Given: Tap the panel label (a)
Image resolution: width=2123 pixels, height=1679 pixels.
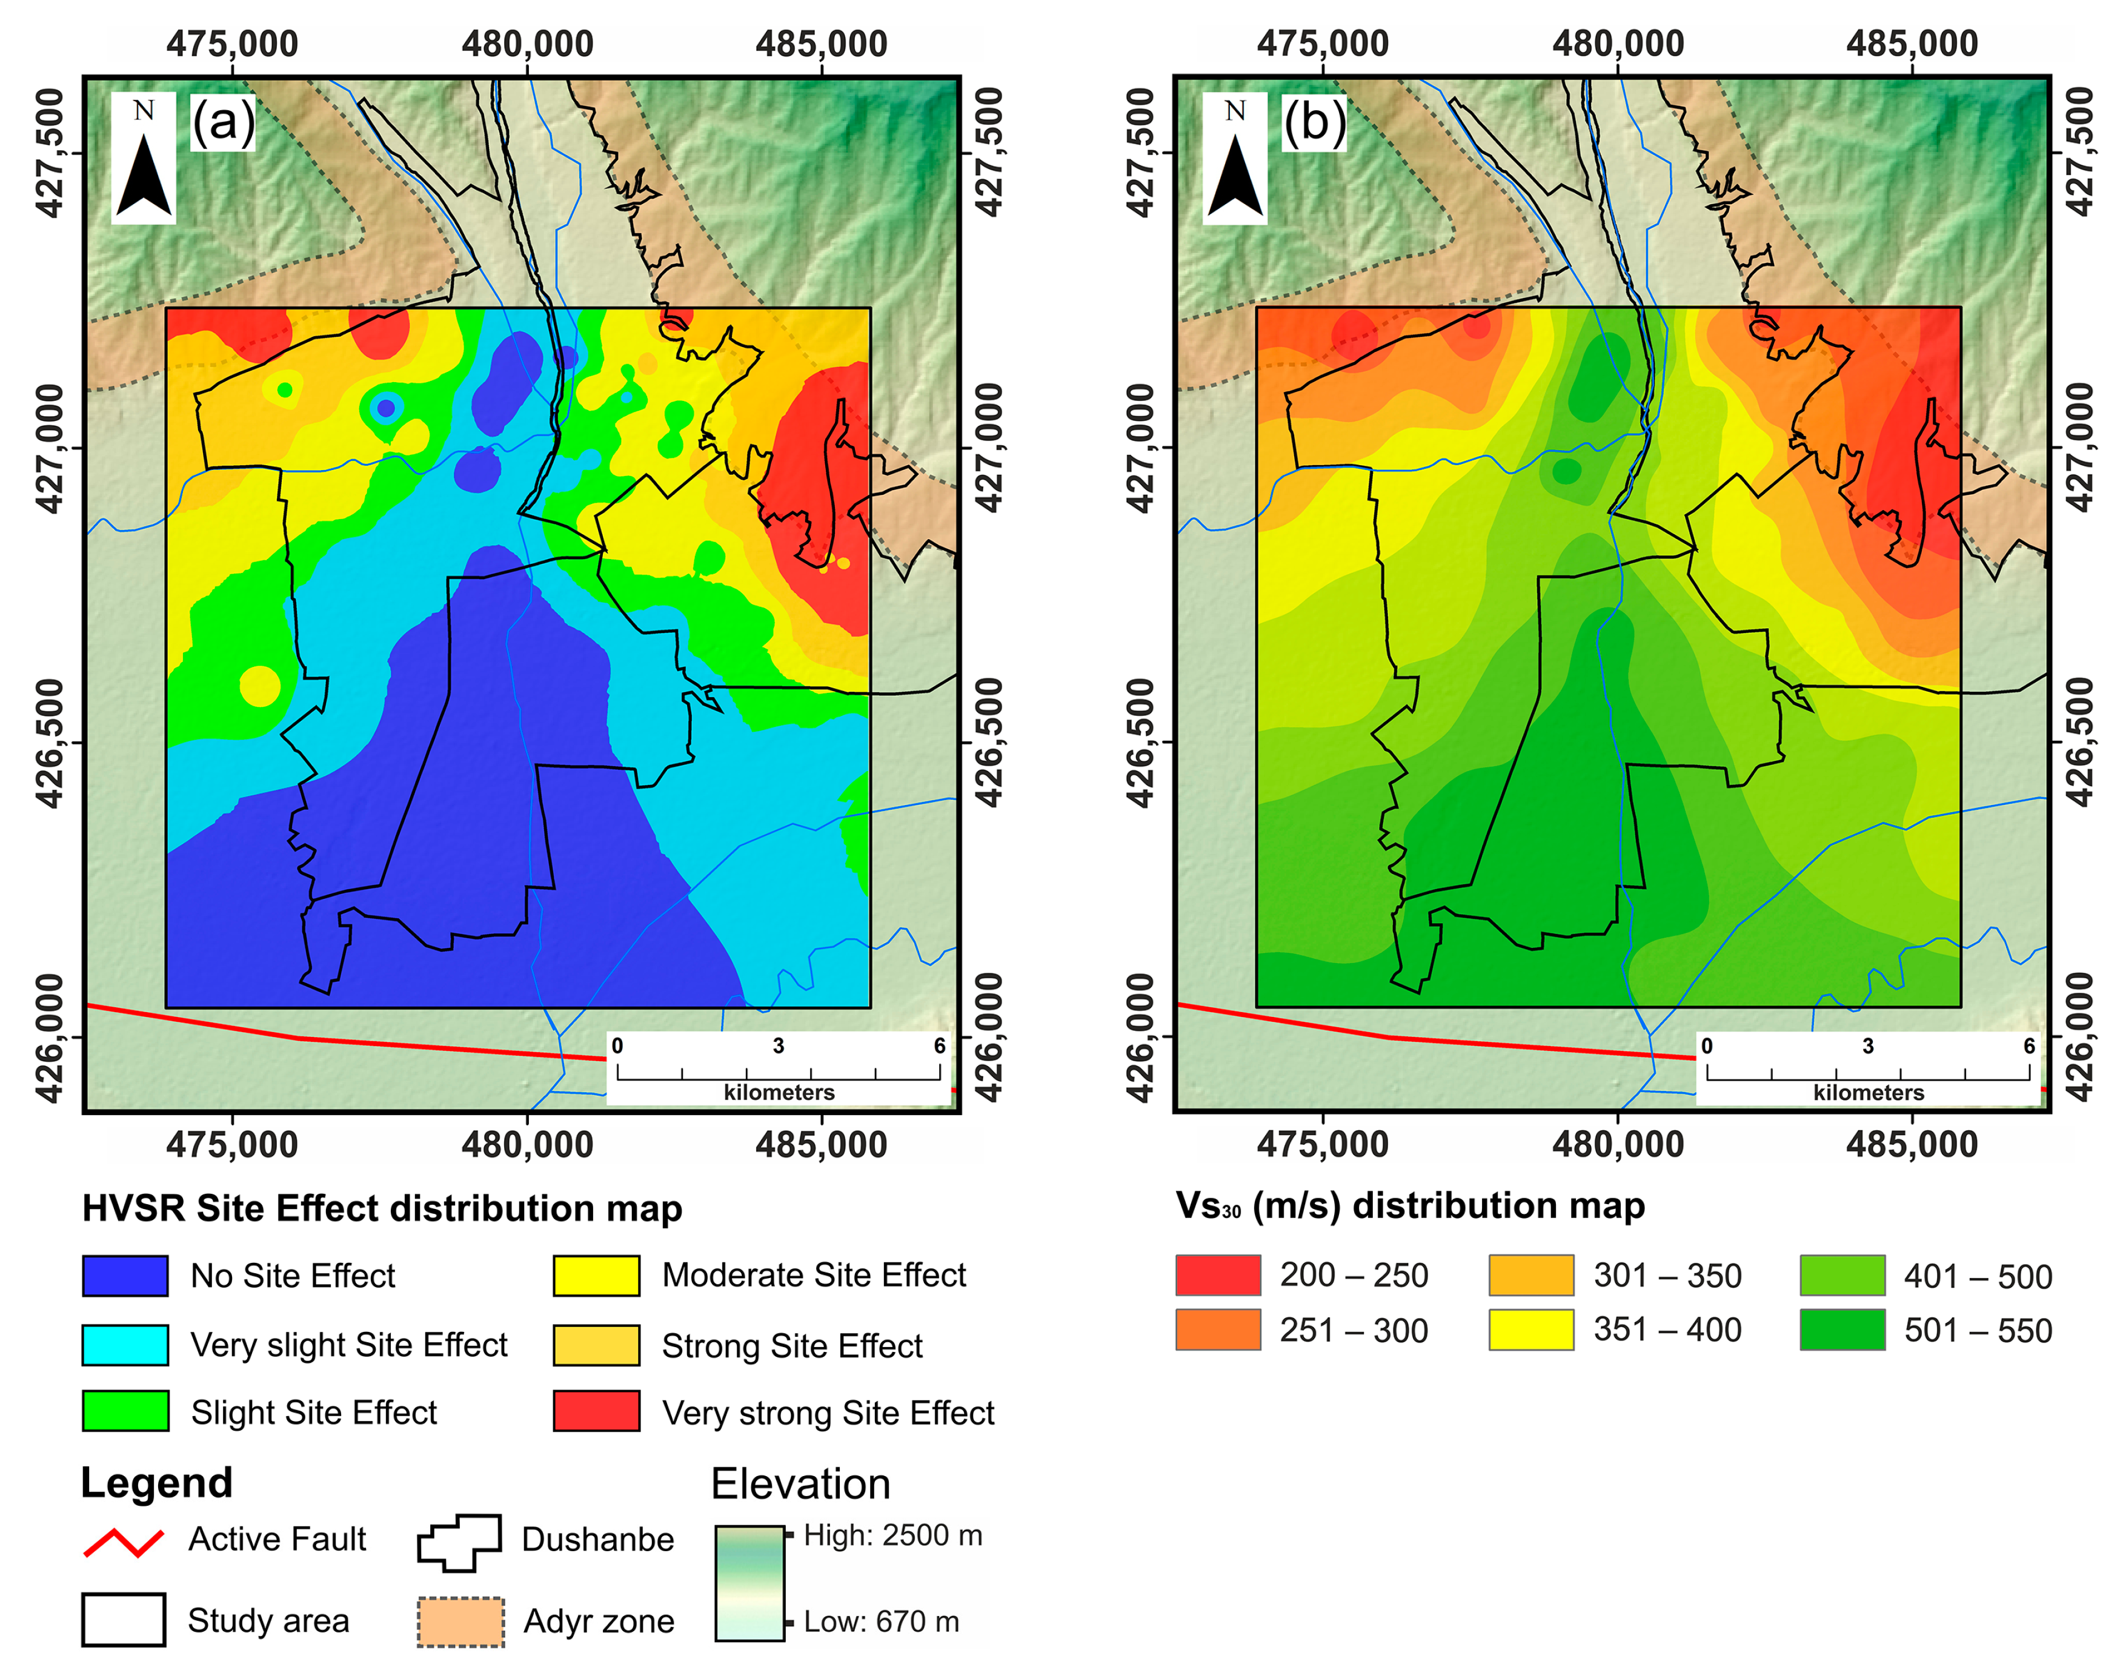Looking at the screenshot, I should pos(223,123).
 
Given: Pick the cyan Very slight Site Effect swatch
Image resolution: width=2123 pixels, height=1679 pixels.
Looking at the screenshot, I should pos(125,1345).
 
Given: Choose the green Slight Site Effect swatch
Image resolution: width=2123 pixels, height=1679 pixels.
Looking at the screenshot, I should pos(125,1411).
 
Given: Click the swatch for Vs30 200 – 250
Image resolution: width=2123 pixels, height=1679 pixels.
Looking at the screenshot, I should pos(1217,1275).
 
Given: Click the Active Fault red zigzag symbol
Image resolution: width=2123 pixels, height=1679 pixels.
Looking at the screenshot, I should pos(124,1542).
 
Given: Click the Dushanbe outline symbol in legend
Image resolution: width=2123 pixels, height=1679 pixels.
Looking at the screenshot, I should pos(459,1542).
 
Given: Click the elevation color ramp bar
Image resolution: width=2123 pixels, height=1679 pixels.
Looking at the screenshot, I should pos(749,1583).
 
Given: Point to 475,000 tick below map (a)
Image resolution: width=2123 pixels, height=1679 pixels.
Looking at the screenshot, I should pos(232,1144).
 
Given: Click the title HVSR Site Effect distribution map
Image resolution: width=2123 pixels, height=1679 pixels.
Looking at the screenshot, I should pos(382,1208).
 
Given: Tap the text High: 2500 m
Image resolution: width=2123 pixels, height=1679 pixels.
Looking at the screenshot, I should pos(892,1535).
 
